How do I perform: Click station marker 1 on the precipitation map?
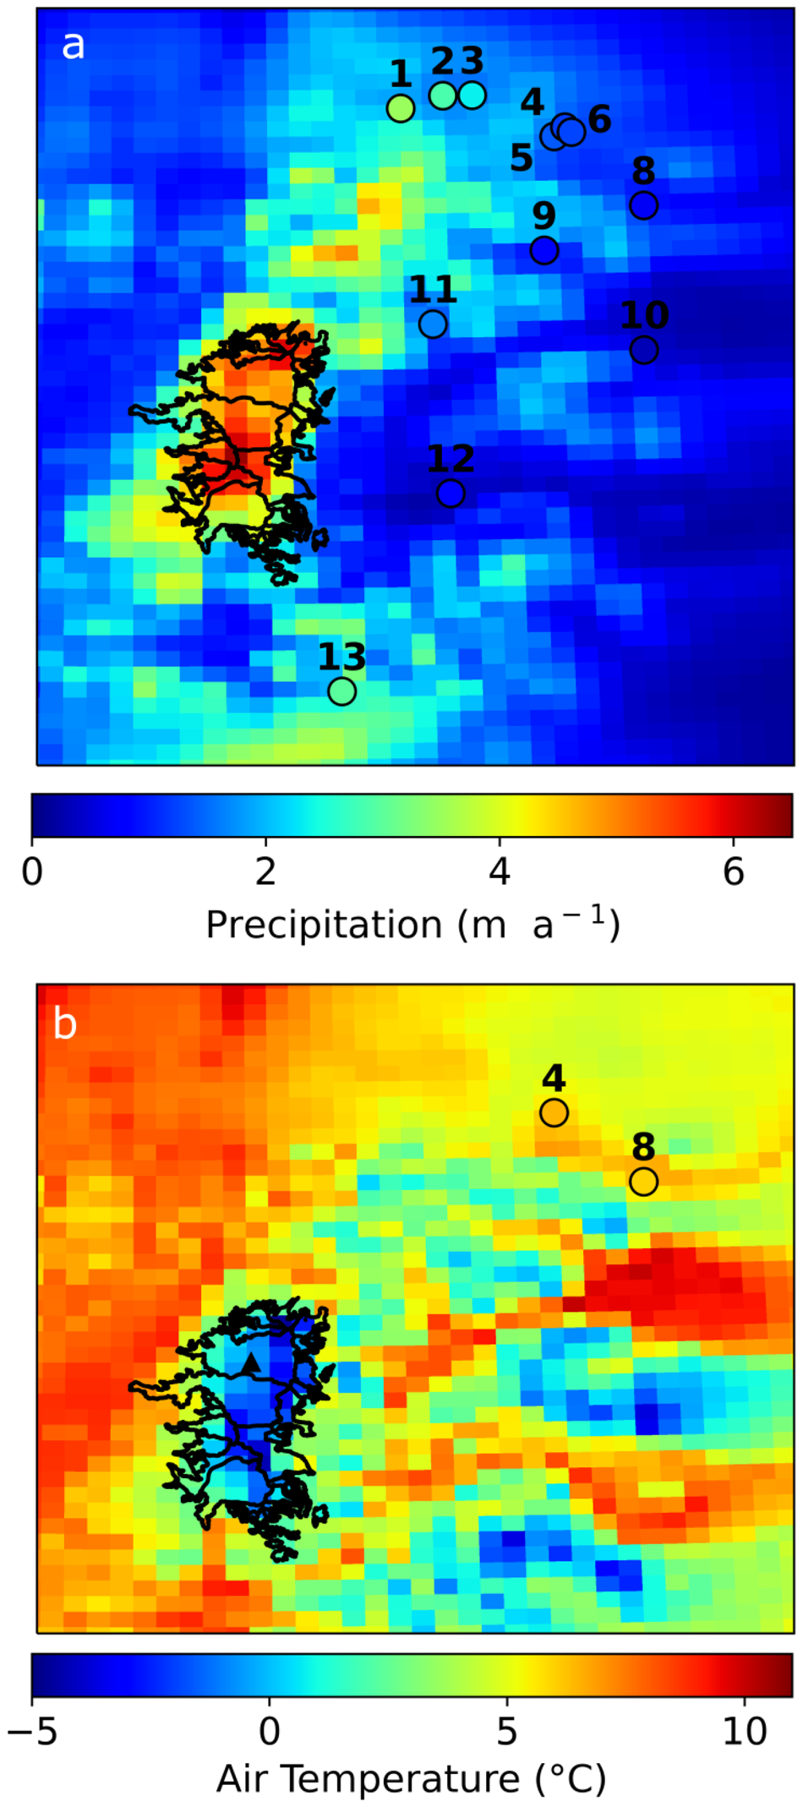(x=400, y=108)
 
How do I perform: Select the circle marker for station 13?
(x=341, y=691)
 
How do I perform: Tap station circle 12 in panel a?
(x=451, y=493)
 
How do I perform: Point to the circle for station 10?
(x=644, y=349)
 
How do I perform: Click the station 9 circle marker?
(x=544, y=250)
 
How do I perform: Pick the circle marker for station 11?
(x=433, y=324)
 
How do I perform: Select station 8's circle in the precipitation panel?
(x=643, y=205)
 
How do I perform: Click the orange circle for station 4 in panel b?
(x=554, y=1112)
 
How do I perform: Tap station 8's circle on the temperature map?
(x=643, y=1181)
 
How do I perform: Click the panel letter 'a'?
(x=74, y=45)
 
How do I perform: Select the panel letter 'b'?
(x=65, y=1024)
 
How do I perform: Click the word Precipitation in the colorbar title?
(x=324, y=925)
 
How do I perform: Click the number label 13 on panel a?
(x=341, y=657)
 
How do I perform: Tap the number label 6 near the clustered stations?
(x=599, y=119)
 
